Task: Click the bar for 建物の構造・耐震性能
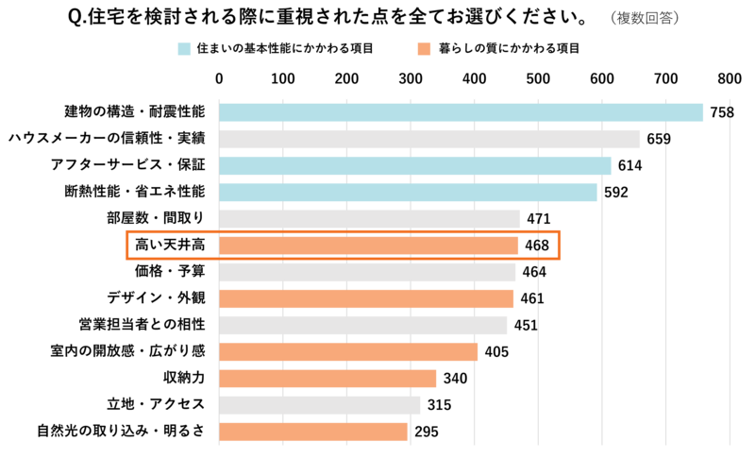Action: click(461, 112)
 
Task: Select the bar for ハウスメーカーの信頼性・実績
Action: click(429, 139)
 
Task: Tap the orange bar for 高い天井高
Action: click(369, 246)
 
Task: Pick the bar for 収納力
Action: click(327, 379)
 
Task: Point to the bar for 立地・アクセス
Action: click(319, 405)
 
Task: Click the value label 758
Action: click(722, 113)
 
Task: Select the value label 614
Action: click(629, 166)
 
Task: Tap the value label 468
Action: click(537, 246)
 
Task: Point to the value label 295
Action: click(427, 433)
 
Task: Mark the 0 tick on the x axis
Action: click(220, 77)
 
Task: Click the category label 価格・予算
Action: click(170, 272)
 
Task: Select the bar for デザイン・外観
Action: click(366, 298)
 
